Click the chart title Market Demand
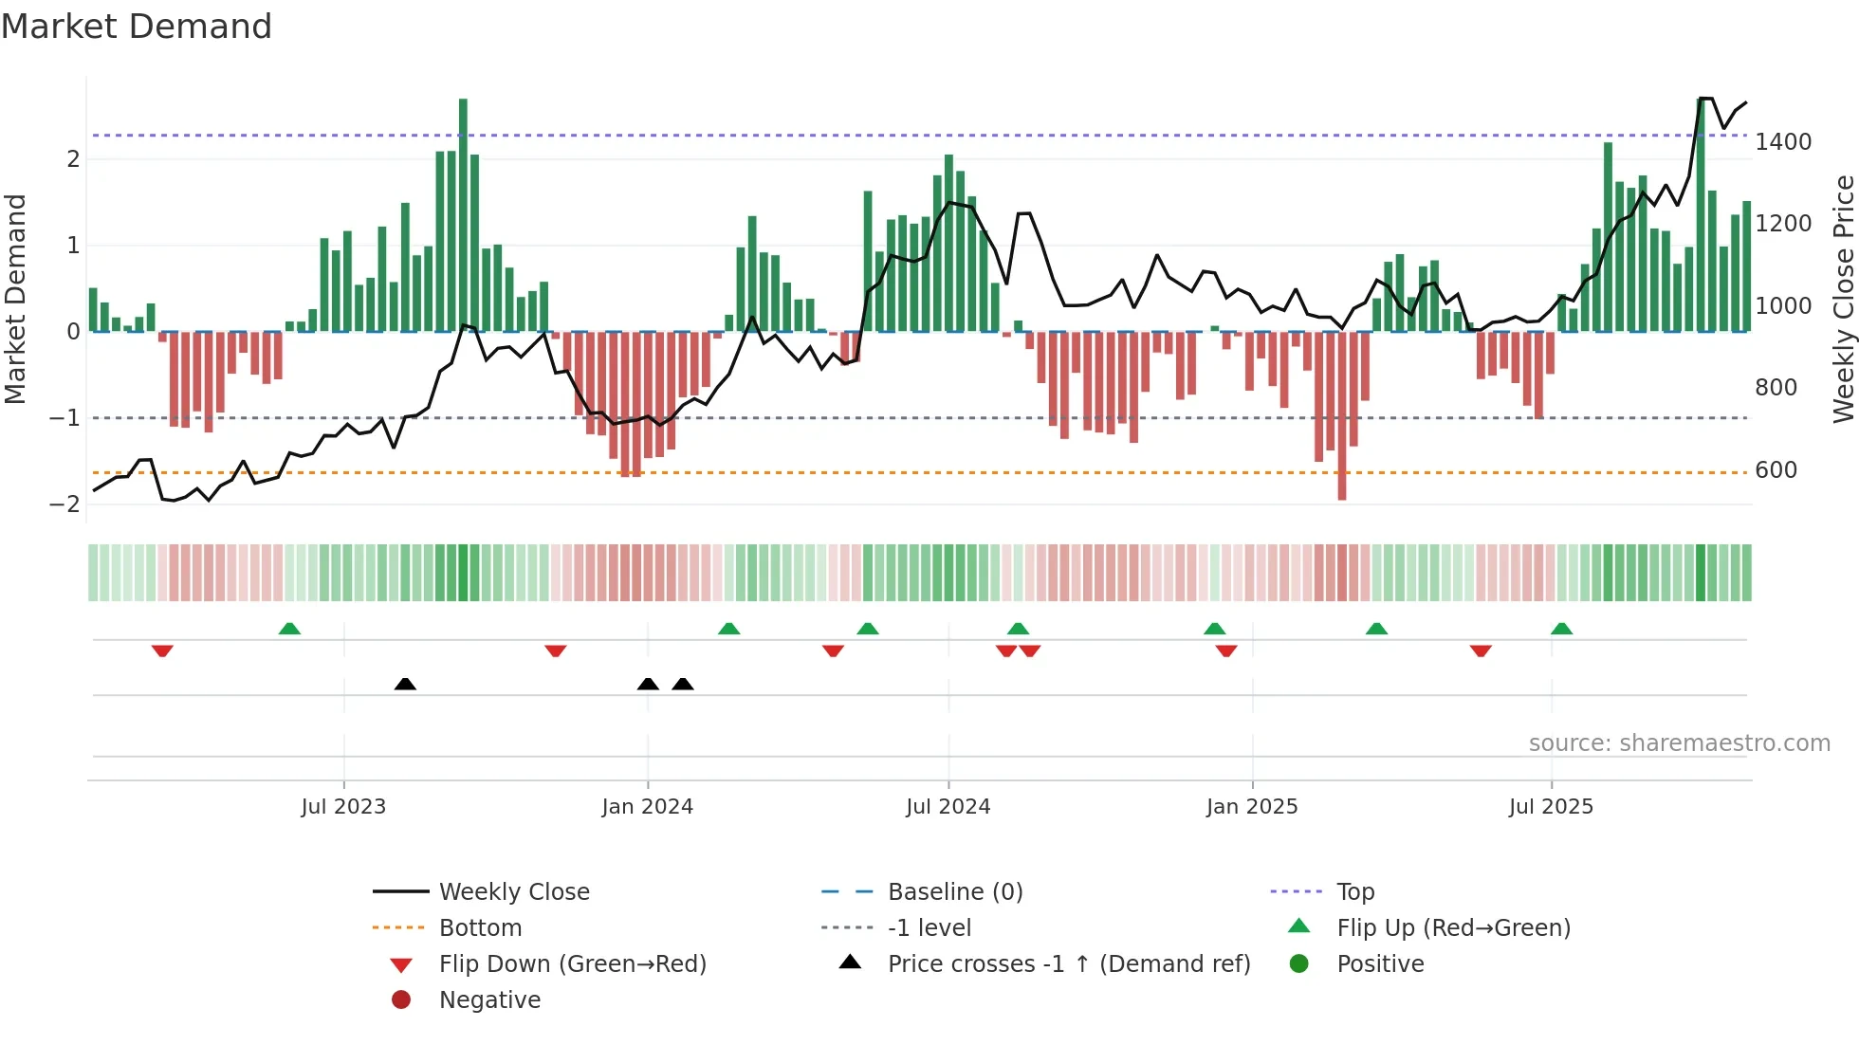pos(137,27)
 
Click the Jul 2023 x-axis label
pos(343,807)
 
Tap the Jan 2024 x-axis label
pos(647,807)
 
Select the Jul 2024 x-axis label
pos(948,807)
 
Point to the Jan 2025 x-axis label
pos(1252,807)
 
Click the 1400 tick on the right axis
pos(1783,142)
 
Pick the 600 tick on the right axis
pos(1776,470)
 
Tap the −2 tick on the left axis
pos(65,504)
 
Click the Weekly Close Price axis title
pos(1843,299)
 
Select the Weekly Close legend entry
pos(513,892)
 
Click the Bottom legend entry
pos(480,928)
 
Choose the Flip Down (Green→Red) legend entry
pos(572,964)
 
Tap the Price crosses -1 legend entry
pos(1068,964)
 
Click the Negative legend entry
pos(489,1000)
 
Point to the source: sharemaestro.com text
pos(1679,743)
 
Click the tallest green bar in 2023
pos(463,214)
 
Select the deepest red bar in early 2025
pos(1342,415)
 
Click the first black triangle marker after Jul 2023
pos(405,684)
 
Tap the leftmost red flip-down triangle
pos(162,651)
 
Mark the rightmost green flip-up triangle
pos(1561,629)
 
